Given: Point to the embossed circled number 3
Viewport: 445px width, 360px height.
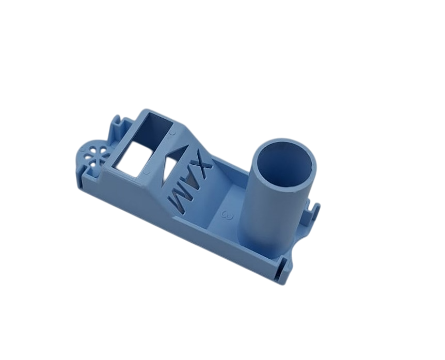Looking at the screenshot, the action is pos(228,215).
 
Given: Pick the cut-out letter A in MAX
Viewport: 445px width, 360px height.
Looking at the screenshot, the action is pos(189,182).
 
